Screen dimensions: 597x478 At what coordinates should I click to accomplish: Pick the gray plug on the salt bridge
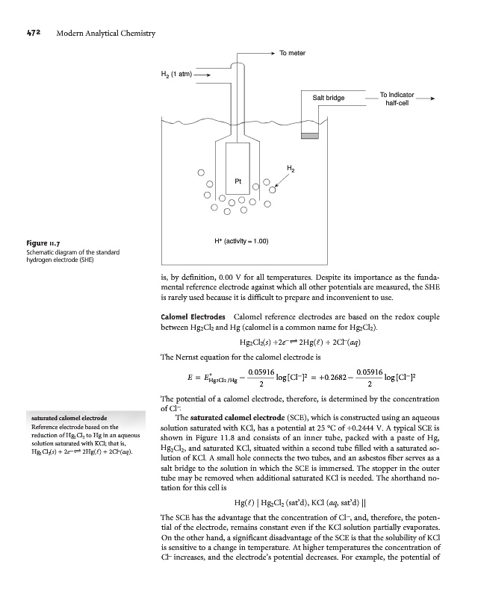pyautogui.click(x=308, y=134)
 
